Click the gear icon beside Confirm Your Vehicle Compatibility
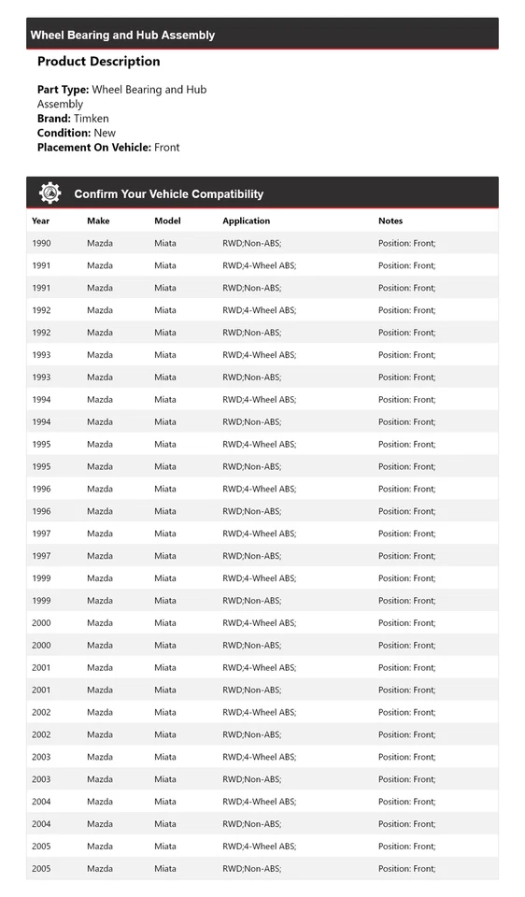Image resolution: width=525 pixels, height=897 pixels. click(x=50, y=193)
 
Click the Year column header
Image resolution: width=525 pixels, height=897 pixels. click(x=41, y=221)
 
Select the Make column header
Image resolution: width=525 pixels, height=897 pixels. click(x=98, y=221)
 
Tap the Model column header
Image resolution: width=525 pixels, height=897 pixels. click(x=167, y=221)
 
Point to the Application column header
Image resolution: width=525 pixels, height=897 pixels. click(x=246, y=221)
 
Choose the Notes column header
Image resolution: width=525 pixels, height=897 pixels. click(x=390, y=221)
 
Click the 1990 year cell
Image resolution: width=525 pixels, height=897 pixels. click(x=41, y=244)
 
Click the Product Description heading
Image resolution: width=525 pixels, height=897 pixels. click(x=98, y=62)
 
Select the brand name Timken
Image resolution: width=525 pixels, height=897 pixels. click(x=92, y=119)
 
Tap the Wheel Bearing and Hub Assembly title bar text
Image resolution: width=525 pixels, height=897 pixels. click(x=122, y=36)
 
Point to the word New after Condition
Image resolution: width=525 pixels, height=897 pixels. click(x=105, y=133)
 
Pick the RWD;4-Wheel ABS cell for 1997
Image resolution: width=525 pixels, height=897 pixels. click(x=259, y=534)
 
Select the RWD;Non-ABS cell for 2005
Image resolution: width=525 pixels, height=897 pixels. click(x=251, y=869)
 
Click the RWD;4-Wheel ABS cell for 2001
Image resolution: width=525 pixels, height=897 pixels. click(x=259, y=668)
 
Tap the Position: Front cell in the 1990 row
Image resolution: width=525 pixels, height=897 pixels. click(x=406, y=244)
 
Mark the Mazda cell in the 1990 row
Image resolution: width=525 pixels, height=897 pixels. click(x=100, y=244)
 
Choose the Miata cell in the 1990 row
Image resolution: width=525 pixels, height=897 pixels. click(x=165, y=244)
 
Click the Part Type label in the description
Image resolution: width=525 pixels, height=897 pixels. click(x=63, y=90)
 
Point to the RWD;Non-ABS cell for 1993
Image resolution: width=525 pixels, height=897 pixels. click(x=251, y=377)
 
